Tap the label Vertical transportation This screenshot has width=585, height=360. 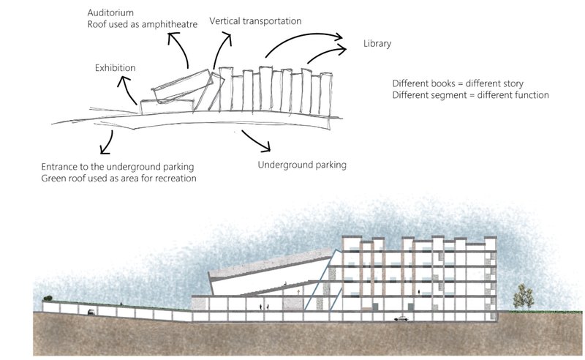(254, 21)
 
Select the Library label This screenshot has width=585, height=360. (377, 44)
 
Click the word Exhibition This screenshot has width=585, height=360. (116, 68)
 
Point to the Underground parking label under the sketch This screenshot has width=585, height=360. (301, 165)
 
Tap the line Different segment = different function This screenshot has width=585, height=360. (470, 95)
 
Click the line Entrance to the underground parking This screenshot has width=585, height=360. (122, 166)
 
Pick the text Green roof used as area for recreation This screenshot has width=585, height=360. (118, 178)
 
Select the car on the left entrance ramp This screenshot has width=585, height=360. (91, 312)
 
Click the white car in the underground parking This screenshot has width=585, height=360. (401, 318)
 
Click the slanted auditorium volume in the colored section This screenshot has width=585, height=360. (263, 271)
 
